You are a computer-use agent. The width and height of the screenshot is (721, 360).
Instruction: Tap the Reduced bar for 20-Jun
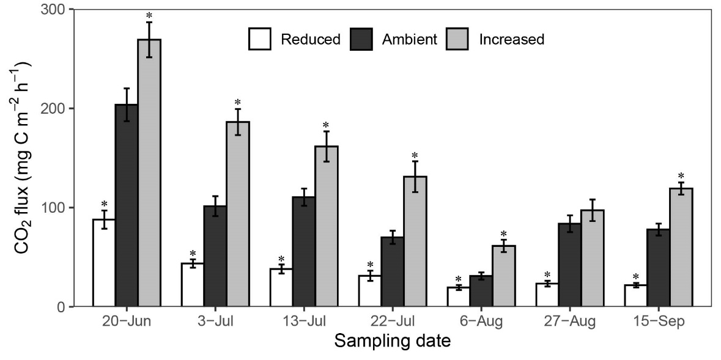[x=104, y=263]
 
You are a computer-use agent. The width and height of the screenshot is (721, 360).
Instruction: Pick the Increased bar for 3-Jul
[x=238, y=214]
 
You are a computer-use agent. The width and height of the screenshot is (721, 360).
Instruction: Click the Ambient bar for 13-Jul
[x=304, y=251]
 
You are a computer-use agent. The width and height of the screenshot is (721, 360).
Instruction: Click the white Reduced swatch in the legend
[x=260, y=40]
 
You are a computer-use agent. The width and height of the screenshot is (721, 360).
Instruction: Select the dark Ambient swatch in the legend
[x=361, y=40]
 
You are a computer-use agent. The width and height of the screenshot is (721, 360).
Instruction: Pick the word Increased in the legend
[x=511, y=40]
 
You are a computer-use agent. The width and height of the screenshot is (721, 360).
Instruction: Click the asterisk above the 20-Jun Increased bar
[x=149, y=16]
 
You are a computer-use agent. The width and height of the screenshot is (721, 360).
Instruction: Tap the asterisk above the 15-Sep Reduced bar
[x=636, y=276]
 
